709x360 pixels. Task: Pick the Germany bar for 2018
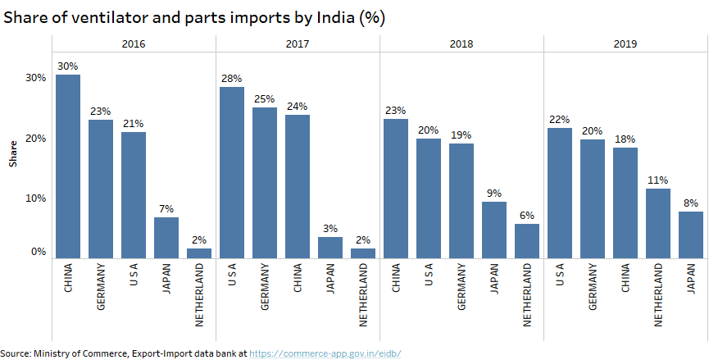point(461,201)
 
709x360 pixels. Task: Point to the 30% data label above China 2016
point(67,66)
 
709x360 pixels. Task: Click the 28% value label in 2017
point(232,79)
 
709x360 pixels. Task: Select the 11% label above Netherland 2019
point(658,180)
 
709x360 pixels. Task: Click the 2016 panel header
point(133,44)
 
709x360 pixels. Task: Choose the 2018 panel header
point(461,44)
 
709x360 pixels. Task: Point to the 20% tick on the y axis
point(35,138)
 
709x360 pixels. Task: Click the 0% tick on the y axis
point(39,253)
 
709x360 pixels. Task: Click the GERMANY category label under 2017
point(265,287)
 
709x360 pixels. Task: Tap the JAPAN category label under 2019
point(691,279)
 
